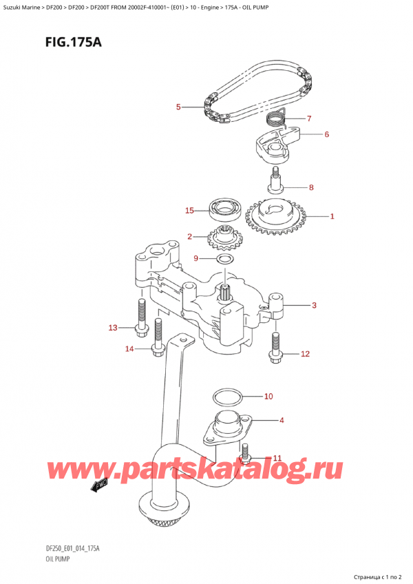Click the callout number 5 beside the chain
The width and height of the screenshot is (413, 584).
pyautogui.click(x=178, y=107)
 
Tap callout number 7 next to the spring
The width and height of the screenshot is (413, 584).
pyautogui.click(x=310, y=118)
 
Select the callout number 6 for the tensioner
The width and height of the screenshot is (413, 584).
pyautogui.click(x=326, y=134)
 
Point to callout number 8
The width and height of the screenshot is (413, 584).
pyautogui.click(x=311, y=187)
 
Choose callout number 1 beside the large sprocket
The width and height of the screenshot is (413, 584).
pyautogui.click(x=332, y=217)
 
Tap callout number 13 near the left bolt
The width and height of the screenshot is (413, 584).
pyautogui.click(x=113, y=327)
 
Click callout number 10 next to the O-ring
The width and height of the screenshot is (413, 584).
pyautogui.click(x=268, y=396)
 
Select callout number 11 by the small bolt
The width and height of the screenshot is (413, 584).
pyautogui.click(x=277, y=458)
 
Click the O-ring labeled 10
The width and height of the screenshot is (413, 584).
pyautogui.click(x=226, y=397)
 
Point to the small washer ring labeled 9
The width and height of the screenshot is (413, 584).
pyautogui.click(x=223, y=260)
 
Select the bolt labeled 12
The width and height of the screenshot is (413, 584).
pyautogui.click(x=276, y=348)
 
